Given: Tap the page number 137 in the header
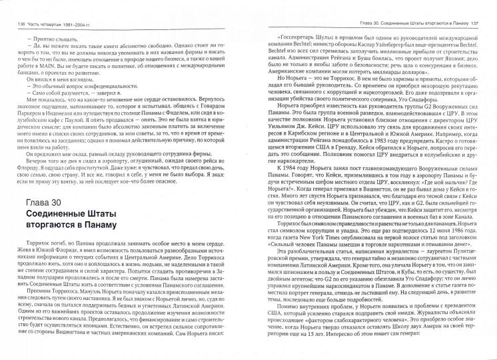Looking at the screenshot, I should (x=485, y=7).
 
